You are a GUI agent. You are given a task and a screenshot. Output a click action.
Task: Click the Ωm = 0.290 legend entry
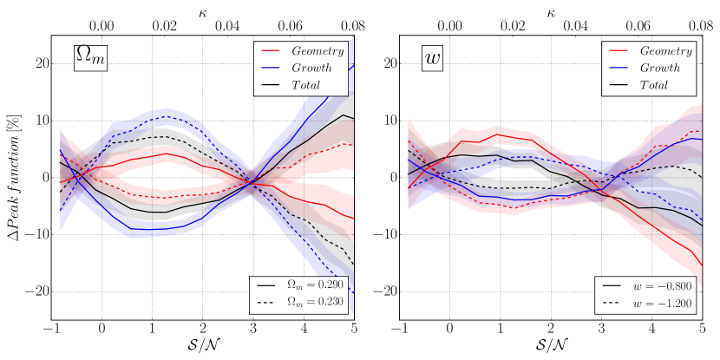304,284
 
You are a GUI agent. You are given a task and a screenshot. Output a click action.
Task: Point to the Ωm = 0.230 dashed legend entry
304,300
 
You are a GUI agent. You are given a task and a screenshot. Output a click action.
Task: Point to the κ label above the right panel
551,11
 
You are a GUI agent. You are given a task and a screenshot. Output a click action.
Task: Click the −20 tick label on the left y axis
36,292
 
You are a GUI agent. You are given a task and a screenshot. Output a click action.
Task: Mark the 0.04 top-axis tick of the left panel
227,27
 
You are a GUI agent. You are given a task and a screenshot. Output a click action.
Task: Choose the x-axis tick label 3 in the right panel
601,331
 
